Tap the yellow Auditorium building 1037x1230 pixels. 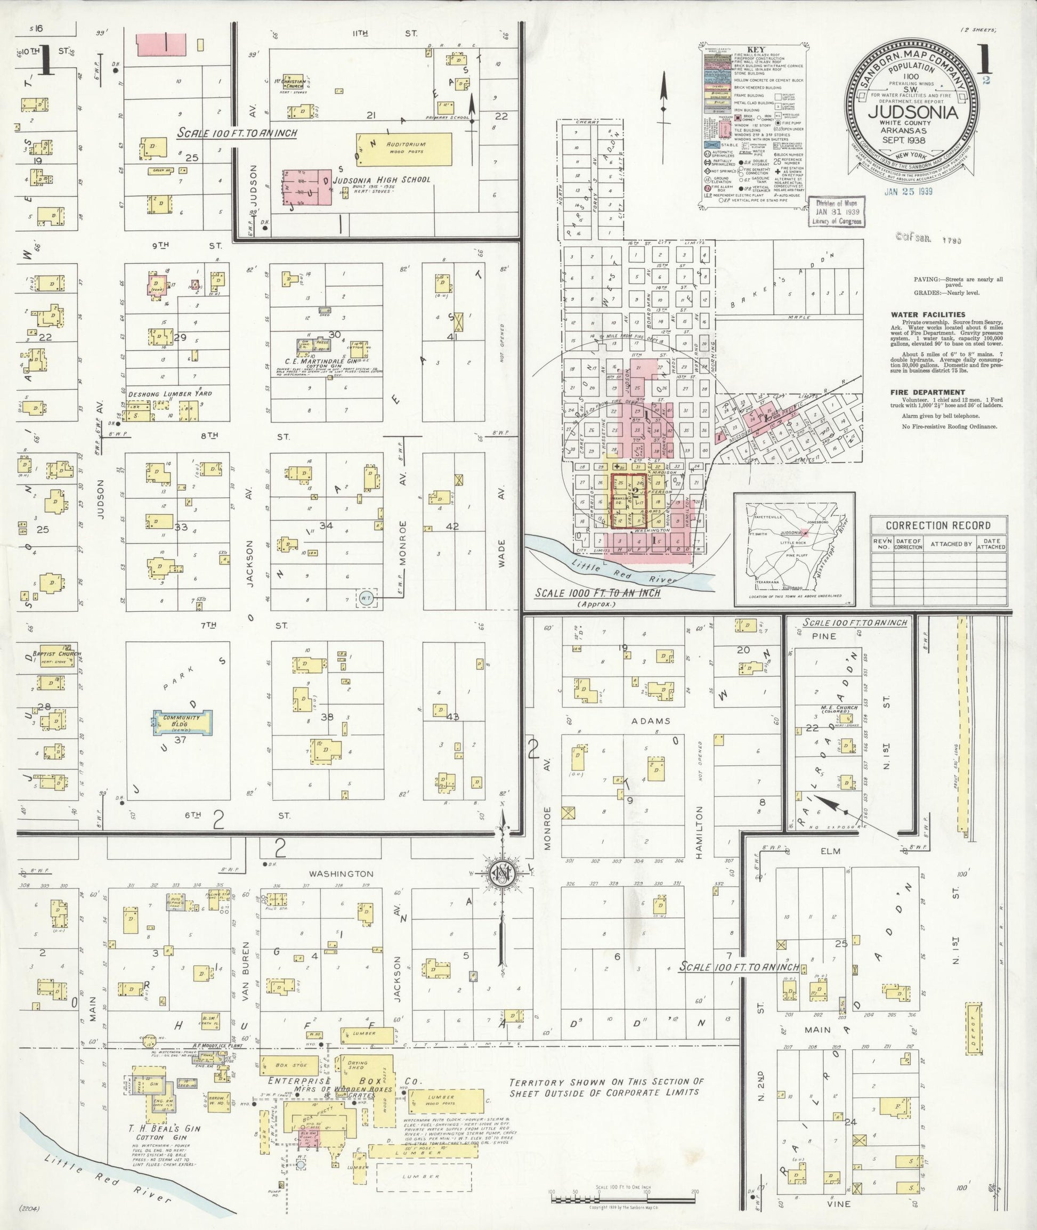click(405, 148)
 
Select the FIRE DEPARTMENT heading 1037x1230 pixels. click(918, 392)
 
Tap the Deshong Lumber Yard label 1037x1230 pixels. click(171, 393)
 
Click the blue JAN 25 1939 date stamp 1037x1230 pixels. click(909, 192)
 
